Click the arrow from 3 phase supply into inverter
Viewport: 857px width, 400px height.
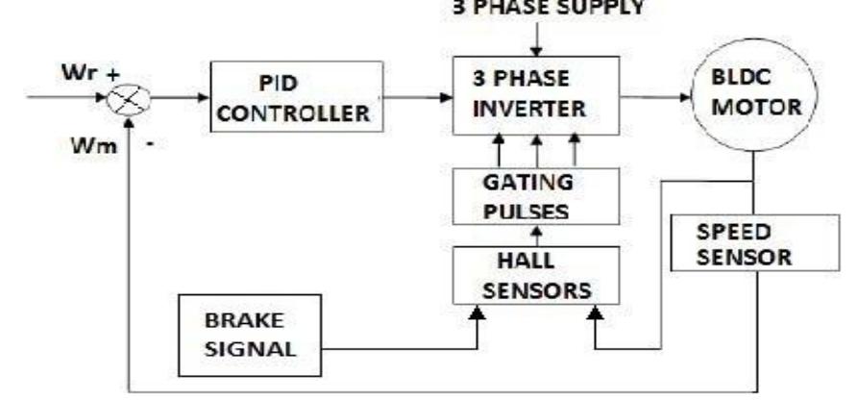pyautogui.click(x=540, y=41)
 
